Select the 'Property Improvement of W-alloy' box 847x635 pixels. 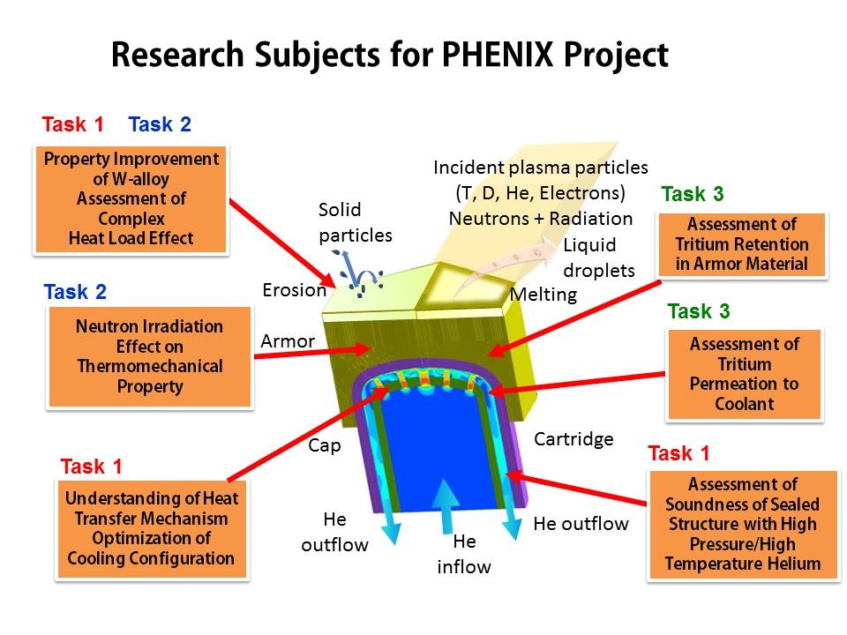click(x=131, y=198)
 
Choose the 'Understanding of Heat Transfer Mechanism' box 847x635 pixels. click(x=151, y=528)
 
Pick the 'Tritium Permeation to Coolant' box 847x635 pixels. click(x=745, y=374)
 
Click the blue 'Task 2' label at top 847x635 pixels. click(x=160, y=124)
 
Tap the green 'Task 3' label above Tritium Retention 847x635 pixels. click(x=693, y=194)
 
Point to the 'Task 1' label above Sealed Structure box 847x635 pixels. click(x=678, y=454)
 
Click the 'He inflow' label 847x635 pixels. click(x=464, y=554)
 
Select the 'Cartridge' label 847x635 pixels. click(x=573, y=438)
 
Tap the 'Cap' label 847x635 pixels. click(x=324, y=445)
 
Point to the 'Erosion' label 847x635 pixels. click(x=294, y=289)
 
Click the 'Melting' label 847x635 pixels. click(x=543, y=295)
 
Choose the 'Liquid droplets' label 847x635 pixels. click(x=598, y=258)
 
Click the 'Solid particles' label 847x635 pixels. click(x=353, y=222)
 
